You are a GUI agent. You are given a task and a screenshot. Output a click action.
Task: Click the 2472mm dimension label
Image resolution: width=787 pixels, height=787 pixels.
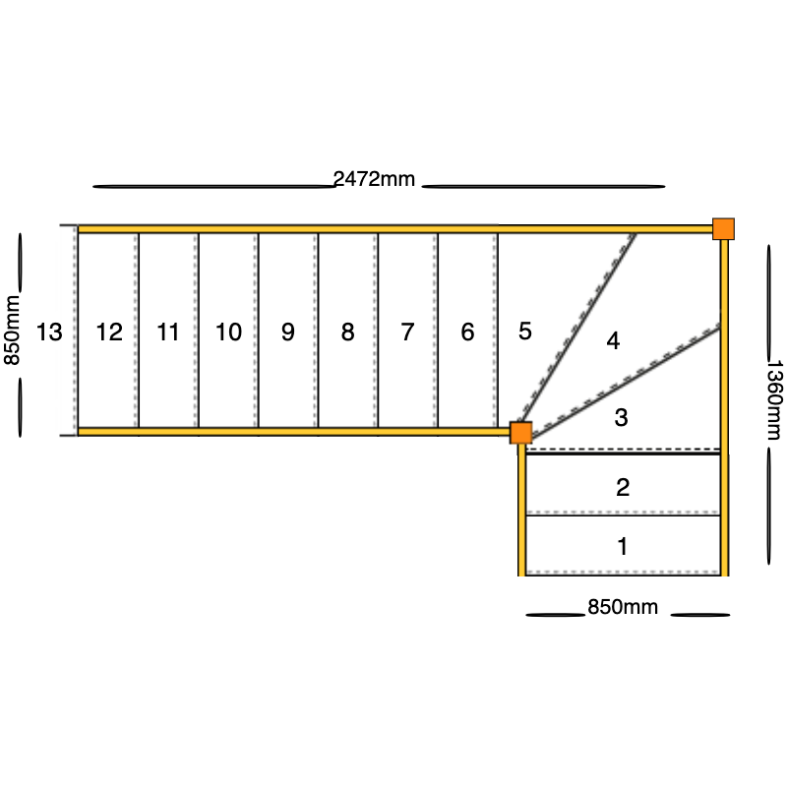(374, 179)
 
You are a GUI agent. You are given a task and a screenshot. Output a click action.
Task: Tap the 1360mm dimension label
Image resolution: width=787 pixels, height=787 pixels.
(774, 400)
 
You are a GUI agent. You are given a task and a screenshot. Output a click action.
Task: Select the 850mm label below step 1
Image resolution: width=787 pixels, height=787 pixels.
(623, 607)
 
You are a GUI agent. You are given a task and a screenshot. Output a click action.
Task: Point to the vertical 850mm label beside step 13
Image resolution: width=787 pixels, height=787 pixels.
(12, 331)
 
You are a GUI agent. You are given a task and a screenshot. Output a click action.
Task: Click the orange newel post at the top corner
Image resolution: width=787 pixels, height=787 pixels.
(723, 229)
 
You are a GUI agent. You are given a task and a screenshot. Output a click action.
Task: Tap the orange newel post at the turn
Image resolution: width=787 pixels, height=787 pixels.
(521, 433)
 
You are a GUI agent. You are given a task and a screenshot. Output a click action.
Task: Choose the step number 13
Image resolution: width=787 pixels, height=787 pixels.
(49, 332)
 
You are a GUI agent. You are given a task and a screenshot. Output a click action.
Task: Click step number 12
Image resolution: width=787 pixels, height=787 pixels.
(109, 332)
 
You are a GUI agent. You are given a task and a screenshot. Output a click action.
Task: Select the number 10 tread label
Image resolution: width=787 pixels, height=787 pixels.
(228, 332)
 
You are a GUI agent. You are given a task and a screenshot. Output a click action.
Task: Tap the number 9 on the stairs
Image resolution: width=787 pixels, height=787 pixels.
(287, 332)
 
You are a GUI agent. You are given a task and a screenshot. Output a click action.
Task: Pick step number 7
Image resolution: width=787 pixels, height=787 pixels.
(407, 332)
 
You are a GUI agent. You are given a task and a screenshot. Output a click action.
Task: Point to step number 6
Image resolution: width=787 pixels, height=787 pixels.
(467, 332)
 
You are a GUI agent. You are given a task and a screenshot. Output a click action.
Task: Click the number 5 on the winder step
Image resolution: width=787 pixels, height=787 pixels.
(525, 331)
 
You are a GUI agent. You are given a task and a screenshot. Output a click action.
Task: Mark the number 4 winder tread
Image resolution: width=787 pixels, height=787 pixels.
(613, 340)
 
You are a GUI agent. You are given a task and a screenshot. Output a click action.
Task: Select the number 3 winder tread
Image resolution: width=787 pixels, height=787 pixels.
(622, 417)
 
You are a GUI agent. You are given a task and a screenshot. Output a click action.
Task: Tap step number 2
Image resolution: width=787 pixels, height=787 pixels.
(623, 487)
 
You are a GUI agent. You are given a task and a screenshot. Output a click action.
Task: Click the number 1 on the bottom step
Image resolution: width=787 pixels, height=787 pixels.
(623, 546)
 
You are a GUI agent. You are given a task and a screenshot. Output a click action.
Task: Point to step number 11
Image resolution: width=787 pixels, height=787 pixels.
(167, 332)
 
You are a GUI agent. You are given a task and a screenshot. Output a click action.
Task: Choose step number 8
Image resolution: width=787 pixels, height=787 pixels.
(347, 332)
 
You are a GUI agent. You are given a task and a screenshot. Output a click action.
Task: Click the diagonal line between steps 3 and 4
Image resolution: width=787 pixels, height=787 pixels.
(626, 382)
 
